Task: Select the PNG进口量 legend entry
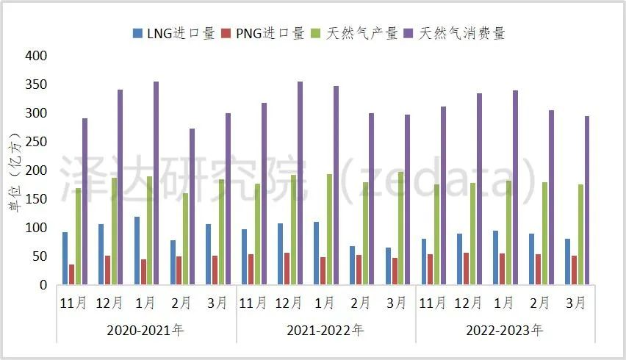tap(264, 34)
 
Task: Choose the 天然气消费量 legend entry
tap(455, 34)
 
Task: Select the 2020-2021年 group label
tap(145, 330)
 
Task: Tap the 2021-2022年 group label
tap(325, 330)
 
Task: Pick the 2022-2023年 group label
tap(505, 330)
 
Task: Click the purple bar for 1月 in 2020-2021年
tap(156, 183)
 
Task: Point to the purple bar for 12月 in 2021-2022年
tap(300, 183)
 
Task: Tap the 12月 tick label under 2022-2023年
tap(469, 303)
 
